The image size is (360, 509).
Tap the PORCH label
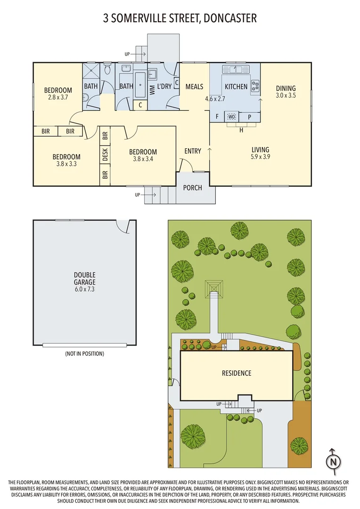coord(192,188)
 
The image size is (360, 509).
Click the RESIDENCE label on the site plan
coord(237,373)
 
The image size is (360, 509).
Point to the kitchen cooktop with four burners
coord(255,85)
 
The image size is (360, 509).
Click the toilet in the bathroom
coord(107,71)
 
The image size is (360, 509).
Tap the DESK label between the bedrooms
coord(105,154)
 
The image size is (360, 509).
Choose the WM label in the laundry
coord(152,91)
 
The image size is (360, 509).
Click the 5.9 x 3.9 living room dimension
coord(261,157)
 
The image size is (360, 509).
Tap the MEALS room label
coord(194,87)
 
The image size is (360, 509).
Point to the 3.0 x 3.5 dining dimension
coord(286,95)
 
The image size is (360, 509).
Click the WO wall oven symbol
coord(231,116)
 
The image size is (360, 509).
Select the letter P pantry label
coord(249,116)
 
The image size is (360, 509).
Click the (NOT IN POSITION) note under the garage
coord(84,353)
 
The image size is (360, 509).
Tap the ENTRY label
coord(193,151)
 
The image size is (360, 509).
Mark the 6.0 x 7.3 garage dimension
coord(84,289)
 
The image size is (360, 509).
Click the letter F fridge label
coord(217,116)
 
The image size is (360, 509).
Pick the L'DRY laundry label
coord(164,87)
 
